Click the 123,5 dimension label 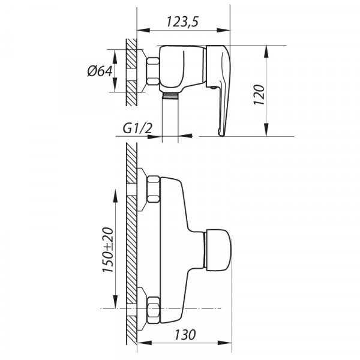(182, 22)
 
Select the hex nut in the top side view (152, 71)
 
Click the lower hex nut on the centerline (152, 307)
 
